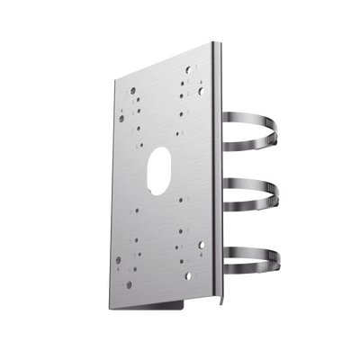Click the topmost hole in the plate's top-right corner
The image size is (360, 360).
point(188,67)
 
